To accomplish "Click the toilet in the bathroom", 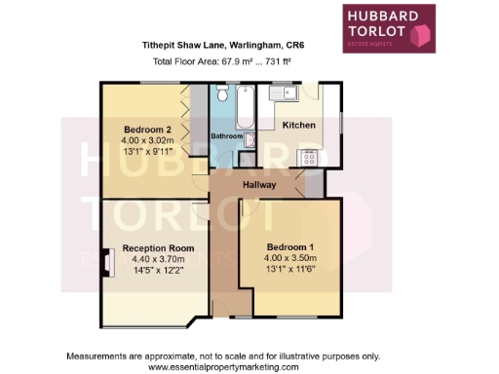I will pos(221,96).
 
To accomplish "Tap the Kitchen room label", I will pos(298,126).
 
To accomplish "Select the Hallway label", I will pos(260,185).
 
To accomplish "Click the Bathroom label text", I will pos(227,136).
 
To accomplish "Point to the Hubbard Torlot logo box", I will pos(387,28).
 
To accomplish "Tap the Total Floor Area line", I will pos(223,60).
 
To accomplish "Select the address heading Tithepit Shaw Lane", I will pos(223,43).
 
